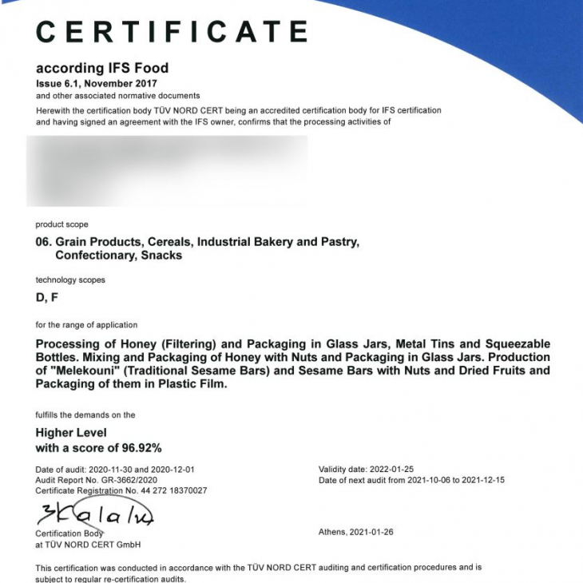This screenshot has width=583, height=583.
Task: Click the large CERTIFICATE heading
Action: point(172,32)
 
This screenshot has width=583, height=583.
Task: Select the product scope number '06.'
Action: point(44,241)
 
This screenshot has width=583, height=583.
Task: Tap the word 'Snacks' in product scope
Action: point(162,256)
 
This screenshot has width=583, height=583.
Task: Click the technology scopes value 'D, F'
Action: point(46,297)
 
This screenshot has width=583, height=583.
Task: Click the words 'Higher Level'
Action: point(71,433)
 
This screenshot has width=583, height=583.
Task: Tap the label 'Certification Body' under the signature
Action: point(69,533)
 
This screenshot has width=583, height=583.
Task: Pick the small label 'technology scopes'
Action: point(70,280)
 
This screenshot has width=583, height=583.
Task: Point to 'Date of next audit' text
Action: point(351,480)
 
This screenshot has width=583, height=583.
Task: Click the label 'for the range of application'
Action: point(86,325)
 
